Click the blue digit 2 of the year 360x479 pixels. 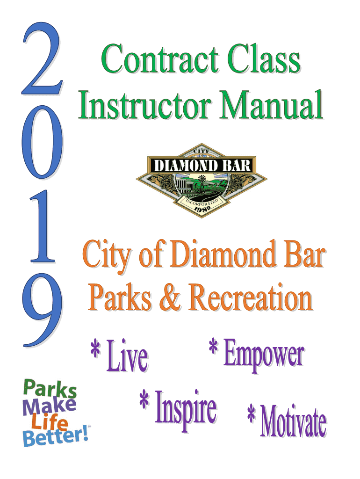click(x=42, y=59)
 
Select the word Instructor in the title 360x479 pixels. click(x=145, y=105)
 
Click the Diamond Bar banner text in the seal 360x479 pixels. click(x=202, y=166)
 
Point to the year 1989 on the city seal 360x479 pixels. click(x=202, y=209)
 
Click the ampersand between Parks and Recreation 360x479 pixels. click(x=170, y=297)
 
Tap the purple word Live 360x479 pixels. click(x=127, y=356)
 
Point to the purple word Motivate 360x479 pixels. click(x=293, y=421)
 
